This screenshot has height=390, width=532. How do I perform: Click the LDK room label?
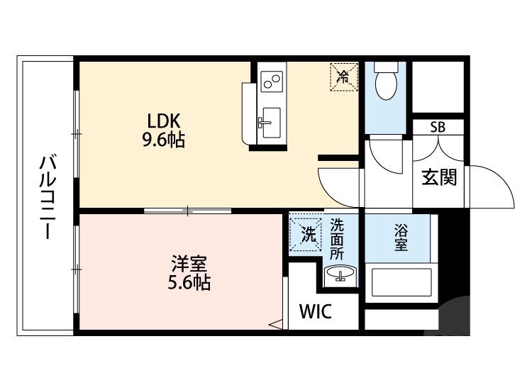[163, 120]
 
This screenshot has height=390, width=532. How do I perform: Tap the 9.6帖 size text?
[163, 140]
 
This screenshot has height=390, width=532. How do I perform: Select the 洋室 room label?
[188, 264]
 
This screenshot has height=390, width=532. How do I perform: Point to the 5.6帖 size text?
[188, 284]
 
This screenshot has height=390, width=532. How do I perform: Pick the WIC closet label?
[314, 312]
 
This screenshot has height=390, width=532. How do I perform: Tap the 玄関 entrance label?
[439, 178]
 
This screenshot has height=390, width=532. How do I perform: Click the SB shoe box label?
[438, 128]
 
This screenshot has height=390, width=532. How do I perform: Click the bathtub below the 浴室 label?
[401, 282]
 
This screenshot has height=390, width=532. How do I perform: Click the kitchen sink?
[269, 123]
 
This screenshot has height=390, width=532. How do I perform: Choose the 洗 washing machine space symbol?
[307, 234]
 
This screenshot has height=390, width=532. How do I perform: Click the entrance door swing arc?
[497, 184]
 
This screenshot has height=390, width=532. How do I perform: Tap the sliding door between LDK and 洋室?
[188, 210]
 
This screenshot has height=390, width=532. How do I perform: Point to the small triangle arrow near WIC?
[275, 325]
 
